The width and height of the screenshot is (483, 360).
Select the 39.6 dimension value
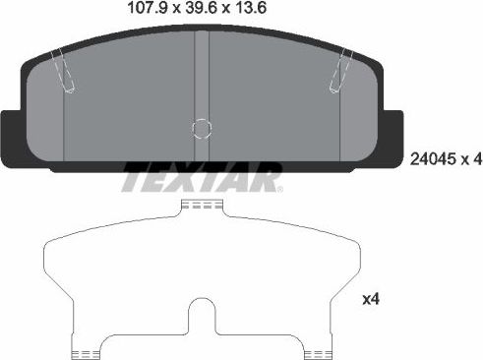click(178, 12)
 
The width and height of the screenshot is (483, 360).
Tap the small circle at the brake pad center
click(201, 130)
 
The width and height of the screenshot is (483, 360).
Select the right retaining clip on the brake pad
click(344, 72)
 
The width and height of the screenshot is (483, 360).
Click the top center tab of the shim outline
click(201, 207)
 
